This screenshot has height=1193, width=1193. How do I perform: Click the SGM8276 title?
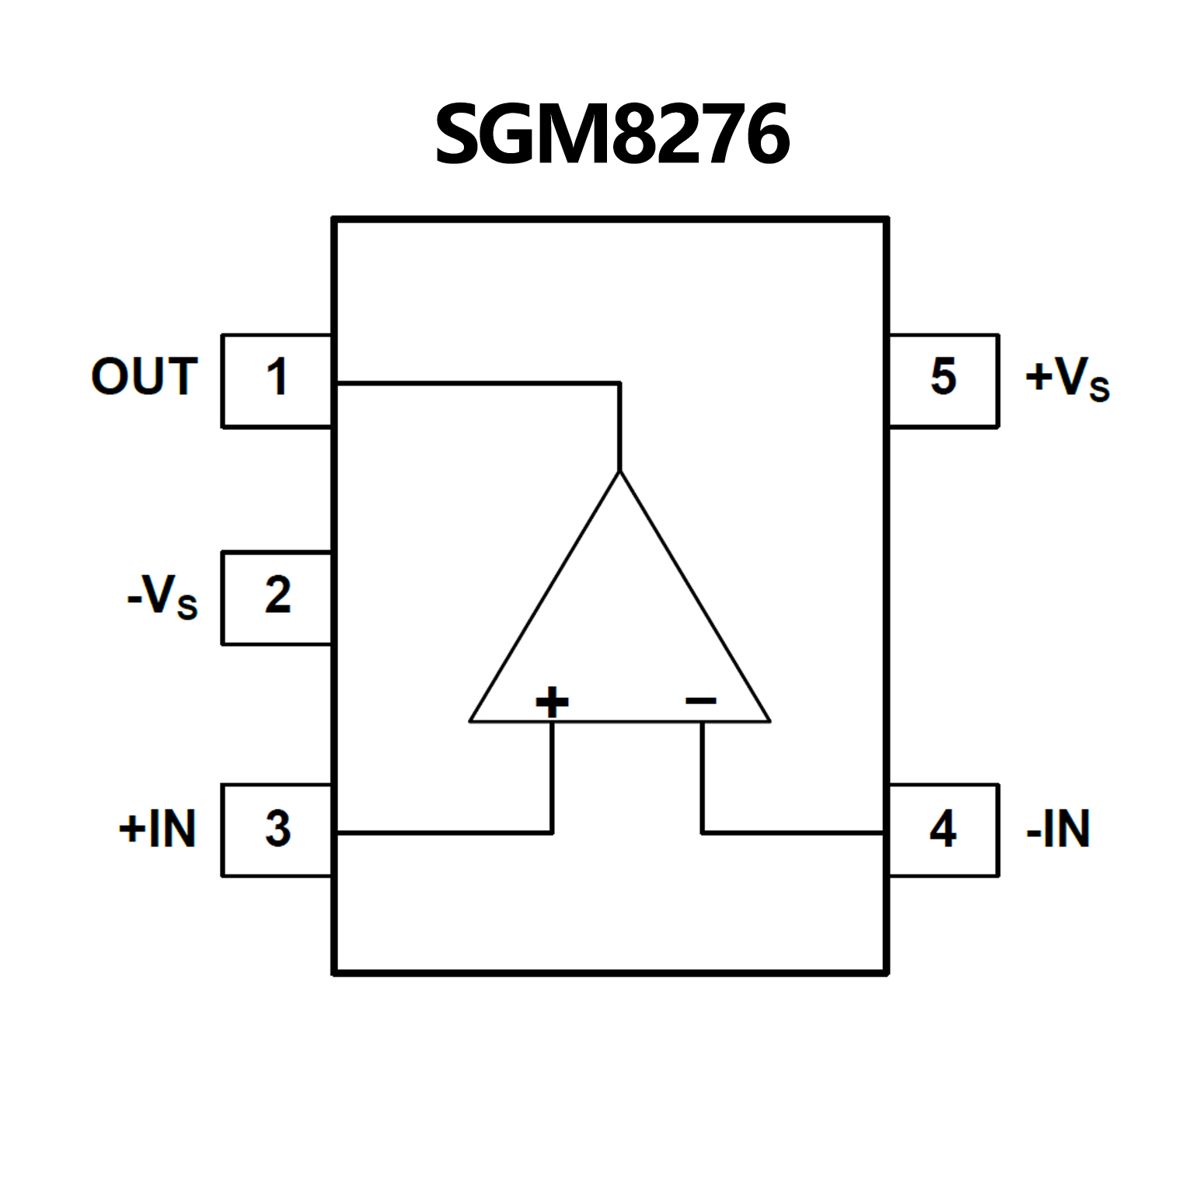pyautogui.click(x=612, y=134)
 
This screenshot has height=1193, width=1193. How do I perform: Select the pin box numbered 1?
pyautogui.click(x=277, y=380)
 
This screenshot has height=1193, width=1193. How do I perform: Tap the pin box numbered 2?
pyautogui.click(x=277, y=597)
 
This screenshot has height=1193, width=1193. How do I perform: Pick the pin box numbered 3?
pyautogui.click(x=277, y=829)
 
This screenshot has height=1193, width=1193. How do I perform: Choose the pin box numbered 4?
pyautogui.click(x=943, y=829)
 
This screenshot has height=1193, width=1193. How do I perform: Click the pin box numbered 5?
pyautogui.click(x=943, y=380)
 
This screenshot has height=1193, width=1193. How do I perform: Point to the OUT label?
pyautogui.click(x=145, y=377)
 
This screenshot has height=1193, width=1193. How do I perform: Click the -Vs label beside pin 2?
pyautogui.click(x=162, y=598)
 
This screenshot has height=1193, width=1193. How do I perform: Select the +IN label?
pyautogui.click(x=157, y=828)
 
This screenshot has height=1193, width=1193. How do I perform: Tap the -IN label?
pyautogui.click(x=1058, y=828)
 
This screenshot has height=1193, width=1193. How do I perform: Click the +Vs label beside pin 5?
pyautogui.click(x=1067, y=378)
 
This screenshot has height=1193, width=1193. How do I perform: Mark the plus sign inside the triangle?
pyautogui.click(x=552, y=702)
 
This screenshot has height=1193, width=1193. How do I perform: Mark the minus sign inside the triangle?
pyautogui.click(x=700, y=702)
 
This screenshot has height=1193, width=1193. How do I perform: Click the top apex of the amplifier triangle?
pyautogui.click(x=619, y=472)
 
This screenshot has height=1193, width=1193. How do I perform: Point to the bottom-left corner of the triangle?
pyautogui.click(x=470, y=721)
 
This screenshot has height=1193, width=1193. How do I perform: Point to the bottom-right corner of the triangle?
pyautogui.click(x=769, y=721)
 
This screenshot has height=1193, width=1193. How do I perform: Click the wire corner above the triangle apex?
pyautogui.click(x=619, y=382)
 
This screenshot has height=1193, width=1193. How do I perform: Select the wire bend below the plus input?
pyautogui.click(x=552, y=832)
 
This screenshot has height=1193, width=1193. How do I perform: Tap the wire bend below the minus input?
pyautogui.click(x=702, y=832)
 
